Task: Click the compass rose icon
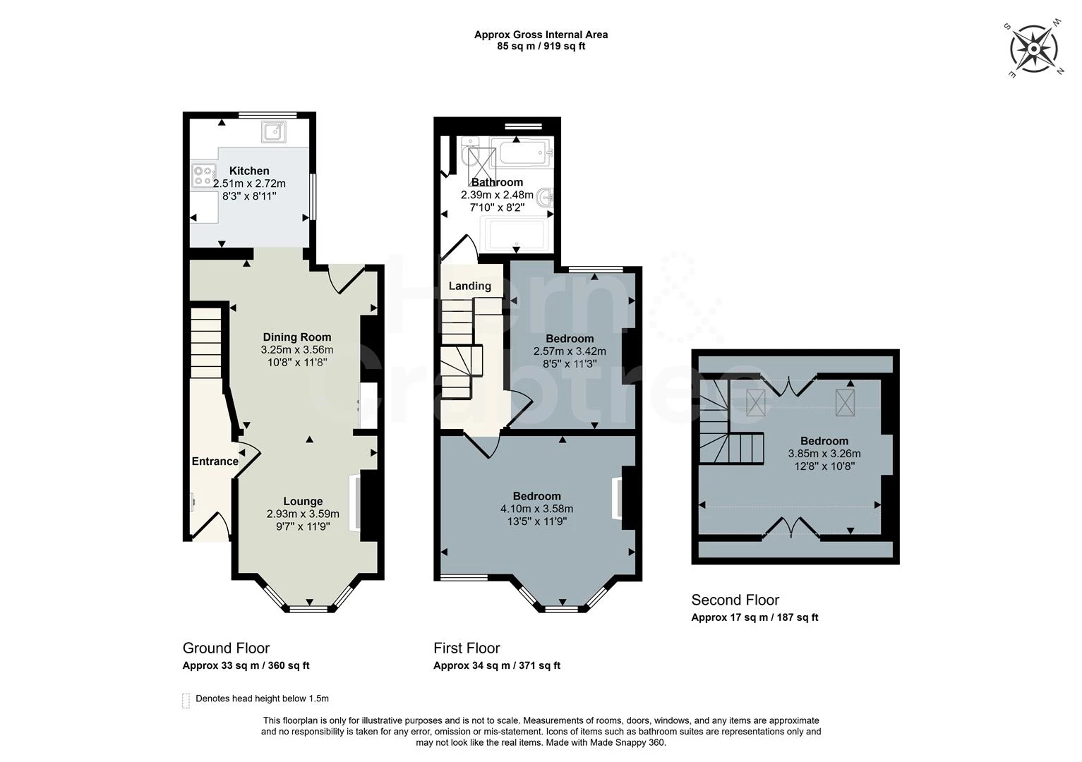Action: click(x=1034, y=49)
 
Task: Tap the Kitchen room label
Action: click(x=249, y=171)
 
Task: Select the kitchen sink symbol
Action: click(x=274, y=132)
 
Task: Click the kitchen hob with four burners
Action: click(x=204, y=176)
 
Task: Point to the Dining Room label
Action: click(x=297, y=337)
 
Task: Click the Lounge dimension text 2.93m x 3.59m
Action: click(x=303, y=514)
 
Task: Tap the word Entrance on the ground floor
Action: click(x=215, y=461)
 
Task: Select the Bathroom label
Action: click(x=497, y=183)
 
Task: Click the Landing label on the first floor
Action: click(x=470, y=286)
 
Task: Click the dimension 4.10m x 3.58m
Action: click(x=536, y=509)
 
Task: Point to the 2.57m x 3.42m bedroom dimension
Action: click(x=570, y=351)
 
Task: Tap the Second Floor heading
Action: click(x=735, y=600)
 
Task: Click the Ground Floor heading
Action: click(x=226, y=648)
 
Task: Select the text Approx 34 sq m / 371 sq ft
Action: click(x=497, y=665)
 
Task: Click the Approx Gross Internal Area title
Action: click(x=541, y=35)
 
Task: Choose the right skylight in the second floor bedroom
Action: click(x=845, y=402)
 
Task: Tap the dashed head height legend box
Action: click(x=186, y=701)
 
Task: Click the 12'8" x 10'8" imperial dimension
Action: click(x=824, y=466)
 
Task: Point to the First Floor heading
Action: click(x=467, y=648)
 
